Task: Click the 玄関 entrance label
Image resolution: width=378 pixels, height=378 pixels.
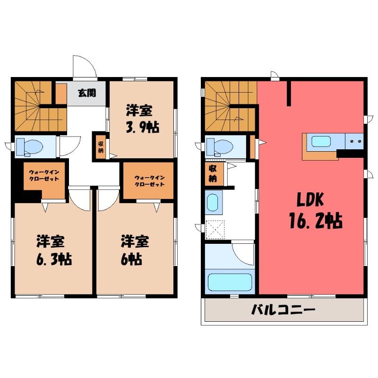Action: [87, 93]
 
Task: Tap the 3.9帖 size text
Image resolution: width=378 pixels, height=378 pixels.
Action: [143, 127]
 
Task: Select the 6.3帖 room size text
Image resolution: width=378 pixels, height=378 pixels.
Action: [54, 259]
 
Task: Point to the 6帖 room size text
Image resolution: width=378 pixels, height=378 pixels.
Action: [131, 259]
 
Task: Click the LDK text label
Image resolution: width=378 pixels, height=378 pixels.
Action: [310, 200]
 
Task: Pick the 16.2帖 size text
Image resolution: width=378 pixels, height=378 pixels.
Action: [316, 220]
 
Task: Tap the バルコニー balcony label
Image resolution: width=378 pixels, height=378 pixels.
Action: [283, 310]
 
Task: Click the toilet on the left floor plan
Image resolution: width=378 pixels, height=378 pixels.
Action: [29, 147]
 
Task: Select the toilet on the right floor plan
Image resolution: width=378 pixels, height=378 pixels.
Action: [220, 147]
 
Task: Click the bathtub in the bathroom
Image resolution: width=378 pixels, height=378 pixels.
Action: [230, 282]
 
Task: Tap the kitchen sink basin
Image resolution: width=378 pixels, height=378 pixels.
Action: [321, 141]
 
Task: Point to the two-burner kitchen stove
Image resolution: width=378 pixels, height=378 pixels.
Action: [354, 141]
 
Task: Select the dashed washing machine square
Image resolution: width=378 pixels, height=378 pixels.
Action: [215, 230]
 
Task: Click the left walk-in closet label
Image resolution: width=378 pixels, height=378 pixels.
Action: [44, 175]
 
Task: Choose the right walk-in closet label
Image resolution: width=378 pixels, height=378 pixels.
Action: [149, 181]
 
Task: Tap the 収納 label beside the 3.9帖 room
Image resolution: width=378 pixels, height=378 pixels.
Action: [101, 147]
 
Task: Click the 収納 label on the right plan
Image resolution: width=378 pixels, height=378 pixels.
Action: [213, 173]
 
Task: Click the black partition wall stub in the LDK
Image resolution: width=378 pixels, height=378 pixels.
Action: [289, 94]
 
